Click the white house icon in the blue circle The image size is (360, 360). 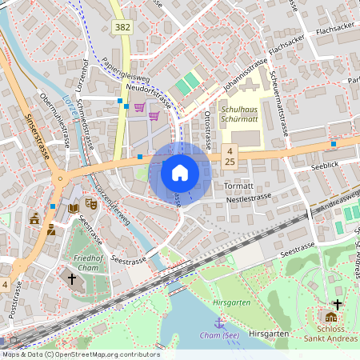click(x=179, y=173)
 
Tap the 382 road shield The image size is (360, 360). click(x=122, y=27)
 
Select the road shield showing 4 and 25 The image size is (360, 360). click(x=230, y=156)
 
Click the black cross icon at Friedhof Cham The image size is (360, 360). click(x=72, y=278)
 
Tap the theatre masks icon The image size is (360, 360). click(x=91, y=205)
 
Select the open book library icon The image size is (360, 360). click(x=74, y=208)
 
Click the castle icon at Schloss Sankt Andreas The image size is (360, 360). click(x=331, y=317)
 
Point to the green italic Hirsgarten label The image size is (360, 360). click(x=233, y=304)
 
